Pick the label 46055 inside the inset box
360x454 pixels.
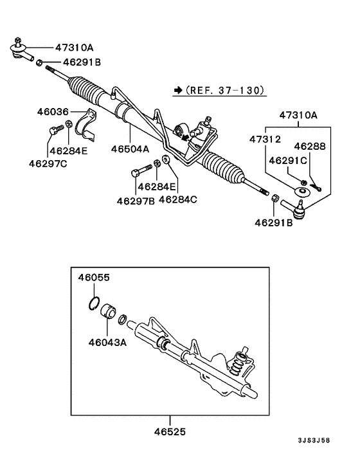pos(94,278)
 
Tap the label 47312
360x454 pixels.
pos(267,139)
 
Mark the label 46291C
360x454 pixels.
pos(287,158)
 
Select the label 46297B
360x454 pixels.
pos(136,200)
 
